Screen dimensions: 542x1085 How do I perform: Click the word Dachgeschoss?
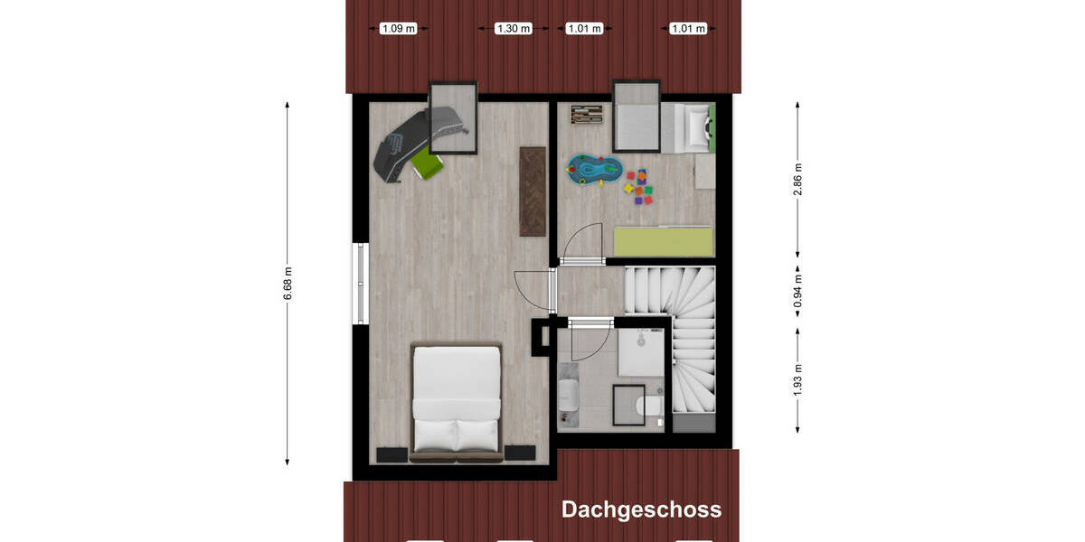tap(641, 509)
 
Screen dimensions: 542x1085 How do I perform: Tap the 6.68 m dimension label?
tap(288, 283)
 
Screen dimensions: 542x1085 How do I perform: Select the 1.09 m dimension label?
tap(399, 29)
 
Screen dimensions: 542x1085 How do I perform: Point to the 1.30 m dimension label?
tap(513, 29)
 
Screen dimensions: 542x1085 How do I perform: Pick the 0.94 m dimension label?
tap(797, 292)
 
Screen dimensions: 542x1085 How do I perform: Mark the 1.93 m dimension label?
tap(797, 379)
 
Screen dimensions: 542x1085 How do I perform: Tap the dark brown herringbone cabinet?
tap(533, 191)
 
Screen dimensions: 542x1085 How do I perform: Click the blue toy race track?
tap(593, 169)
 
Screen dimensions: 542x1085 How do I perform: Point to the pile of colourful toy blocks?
tap(638, 186)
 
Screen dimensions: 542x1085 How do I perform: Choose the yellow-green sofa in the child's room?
tap(663, 241)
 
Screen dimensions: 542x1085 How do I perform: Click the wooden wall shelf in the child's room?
tap(586, 114)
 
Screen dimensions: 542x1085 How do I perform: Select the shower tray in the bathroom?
tap(640, 350)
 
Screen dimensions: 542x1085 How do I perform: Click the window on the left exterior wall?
tap(359, 283)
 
